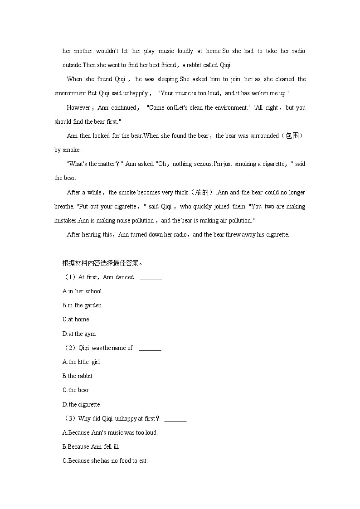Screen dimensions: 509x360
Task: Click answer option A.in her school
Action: pos(82,291)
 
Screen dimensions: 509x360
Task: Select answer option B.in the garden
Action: pos(82,305)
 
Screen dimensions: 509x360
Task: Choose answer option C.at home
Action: pos(76,319)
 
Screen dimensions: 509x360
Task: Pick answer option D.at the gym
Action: pos(79,334)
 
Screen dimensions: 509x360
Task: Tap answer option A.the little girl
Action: pos(81,362)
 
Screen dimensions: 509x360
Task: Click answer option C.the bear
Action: pos(76,390)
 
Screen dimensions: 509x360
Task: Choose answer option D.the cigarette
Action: pos(81,404)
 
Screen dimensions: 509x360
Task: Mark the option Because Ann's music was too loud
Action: pos(110,432)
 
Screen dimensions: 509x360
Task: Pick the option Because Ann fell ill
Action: pos(91,446)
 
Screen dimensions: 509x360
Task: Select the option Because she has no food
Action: pos(105,461)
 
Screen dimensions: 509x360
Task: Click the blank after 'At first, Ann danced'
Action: pos(151,277)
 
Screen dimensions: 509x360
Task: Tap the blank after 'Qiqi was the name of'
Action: pos(150,348)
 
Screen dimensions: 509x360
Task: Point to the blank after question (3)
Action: pos(175,419)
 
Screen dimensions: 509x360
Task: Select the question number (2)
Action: pos(69,348)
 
